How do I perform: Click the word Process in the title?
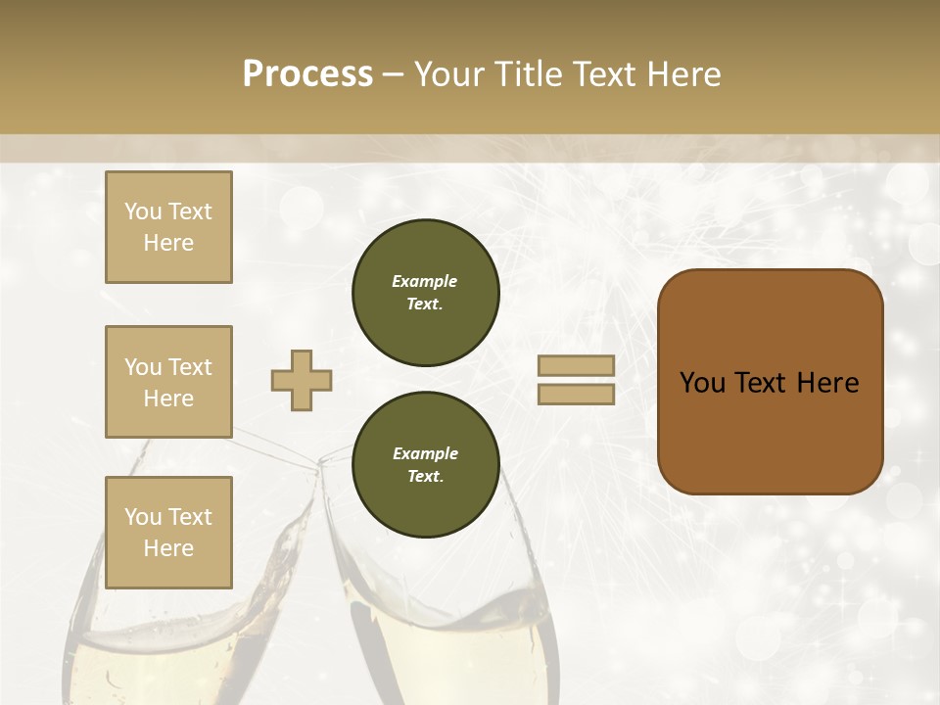307,74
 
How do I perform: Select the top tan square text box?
168,227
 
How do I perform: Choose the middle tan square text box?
168,382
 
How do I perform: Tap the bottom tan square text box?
168,533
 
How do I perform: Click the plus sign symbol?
302,380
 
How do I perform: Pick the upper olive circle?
425,293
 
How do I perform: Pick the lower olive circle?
425,465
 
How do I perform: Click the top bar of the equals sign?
576,365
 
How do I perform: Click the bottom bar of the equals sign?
576,394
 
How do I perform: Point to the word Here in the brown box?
827,383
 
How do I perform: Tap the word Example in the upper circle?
425,281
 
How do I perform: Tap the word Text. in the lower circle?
425,477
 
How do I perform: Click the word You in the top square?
143,211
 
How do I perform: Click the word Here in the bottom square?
168,548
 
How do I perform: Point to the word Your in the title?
450,74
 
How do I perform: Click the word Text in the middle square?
189,367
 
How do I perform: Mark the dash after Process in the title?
393,74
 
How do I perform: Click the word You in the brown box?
702,383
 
